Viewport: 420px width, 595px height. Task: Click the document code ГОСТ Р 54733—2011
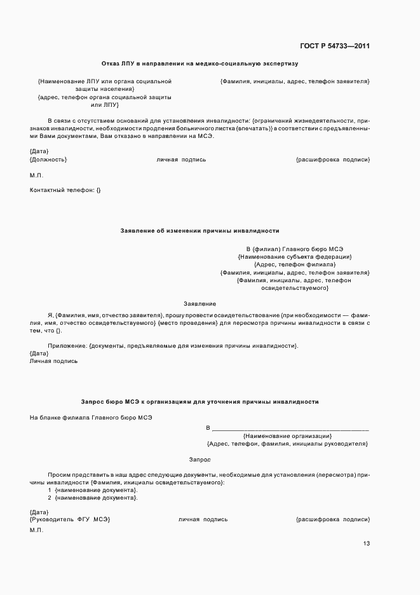click(x=334, y=46)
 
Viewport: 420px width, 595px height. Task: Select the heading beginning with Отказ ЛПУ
click(x=200, y=64)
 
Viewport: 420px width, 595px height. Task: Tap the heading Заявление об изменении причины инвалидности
click(x=200, y=231)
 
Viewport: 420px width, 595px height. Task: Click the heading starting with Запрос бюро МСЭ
click(x=200, y=402)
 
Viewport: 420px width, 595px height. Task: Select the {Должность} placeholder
click(x=48, y=160)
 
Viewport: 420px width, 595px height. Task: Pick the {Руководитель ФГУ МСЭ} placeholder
click(x=70, y=519)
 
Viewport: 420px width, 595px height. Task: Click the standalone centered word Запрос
click(x=200, y=459)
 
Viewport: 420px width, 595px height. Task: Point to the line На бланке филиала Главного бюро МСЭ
click(x=91, y=418)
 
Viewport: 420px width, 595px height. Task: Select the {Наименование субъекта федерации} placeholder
click(x=295, y=257)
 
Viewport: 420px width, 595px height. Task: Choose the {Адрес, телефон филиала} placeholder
click(x=295, y=264)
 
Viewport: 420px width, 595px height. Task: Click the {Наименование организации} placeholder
click(x=287, y=436)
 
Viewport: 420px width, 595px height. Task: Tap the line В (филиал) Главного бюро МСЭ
click(x=295, y=249)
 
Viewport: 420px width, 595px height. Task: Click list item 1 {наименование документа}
click(x=93, y=490)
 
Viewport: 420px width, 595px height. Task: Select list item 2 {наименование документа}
click(x=93, y=498)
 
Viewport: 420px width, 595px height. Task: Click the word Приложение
click(x=67, y=345)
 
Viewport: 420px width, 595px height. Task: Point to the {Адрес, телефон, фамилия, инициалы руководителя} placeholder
click(x=287, y=444)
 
